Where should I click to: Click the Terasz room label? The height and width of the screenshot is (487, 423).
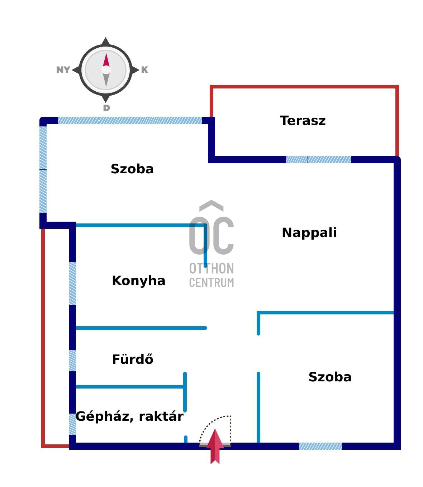pos(303,121)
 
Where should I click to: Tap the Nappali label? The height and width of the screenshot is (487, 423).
pos(309,233)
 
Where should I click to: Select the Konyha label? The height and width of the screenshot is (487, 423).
pos(138,281)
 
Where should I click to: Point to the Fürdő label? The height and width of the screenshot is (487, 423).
pos(132,359)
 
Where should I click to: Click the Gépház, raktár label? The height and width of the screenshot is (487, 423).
pos(129,416)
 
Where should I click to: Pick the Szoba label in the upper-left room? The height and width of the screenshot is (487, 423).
pos(132,169)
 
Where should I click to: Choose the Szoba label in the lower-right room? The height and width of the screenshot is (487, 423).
pos(330,377)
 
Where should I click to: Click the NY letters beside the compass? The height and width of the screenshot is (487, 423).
pos(63,70)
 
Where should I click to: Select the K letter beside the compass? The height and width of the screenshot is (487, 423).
pos(144,70)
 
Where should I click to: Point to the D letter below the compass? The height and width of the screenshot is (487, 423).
pos(106,108)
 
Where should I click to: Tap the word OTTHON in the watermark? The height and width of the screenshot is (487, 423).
pos(211,269)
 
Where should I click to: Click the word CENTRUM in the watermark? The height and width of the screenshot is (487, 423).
pos(211,283)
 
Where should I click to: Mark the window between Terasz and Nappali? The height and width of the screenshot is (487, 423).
pos(318,160)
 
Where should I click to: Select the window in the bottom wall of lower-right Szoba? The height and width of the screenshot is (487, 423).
pos(320,446)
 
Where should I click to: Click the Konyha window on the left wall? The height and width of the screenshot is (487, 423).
pos(72,283)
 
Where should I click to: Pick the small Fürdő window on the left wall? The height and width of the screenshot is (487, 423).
pos(72,360)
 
